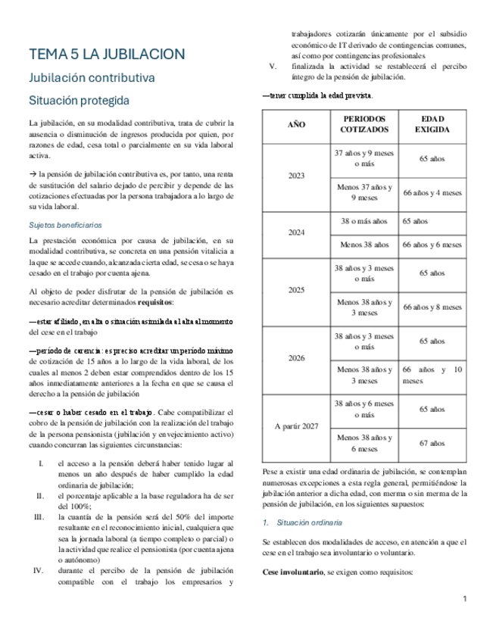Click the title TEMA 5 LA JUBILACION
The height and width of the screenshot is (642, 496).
107,55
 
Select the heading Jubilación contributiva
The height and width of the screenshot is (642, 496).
92,78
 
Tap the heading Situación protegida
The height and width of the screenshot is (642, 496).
79,101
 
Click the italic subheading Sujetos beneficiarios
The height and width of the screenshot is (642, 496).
65,225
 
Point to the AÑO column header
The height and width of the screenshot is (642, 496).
296,124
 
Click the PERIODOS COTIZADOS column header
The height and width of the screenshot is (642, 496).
363,124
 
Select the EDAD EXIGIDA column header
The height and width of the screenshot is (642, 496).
432,124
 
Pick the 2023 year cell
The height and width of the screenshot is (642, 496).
296,176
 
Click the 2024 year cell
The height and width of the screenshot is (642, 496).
296,233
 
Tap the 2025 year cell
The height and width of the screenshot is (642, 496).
296,290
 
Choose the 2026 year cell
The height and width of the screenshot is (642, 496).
296,358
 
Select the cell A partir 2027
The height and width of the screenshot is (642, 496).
296,426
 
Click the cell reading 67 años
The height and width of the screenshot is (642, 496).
432,444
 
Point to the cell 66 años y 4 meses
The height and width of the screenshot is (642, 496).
432,193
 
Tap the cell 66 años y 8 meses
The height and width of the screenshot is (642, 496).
432,307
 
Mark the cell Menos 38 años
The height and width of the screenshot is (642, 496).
363,245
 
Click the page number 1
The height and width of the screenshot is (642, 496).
464,599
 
